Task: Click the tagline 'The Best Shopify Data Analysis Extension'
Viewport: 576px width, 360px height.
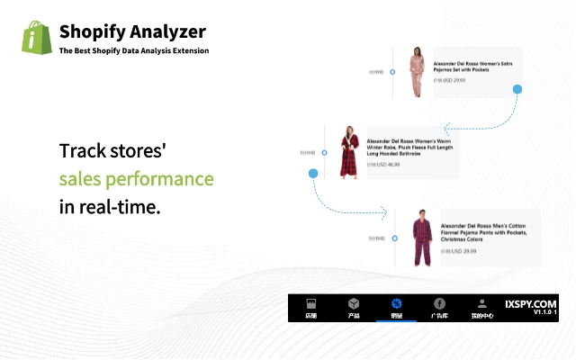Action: point(134,51)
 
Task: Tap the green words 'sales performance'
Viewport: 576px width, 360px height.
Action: point(136,179)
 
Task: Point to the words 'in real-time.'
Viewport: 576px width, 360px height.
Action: point(109,206)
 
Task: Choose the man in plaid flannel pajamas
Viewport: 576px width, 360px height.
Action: point(422,238)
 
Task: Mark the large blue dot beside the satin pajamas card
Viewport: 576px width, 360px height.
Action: point(517,89)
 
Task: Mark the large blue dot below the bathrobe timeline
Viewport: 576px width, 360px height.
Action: point(313,173)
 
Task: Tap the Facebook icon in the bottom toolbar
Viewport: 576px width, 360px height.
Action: point(440,304)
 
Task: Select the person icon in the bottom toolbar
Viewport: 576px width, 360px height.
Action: point(482,304)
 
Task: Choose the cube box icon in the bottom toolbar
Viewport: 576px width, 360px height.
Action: point(354,304)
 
